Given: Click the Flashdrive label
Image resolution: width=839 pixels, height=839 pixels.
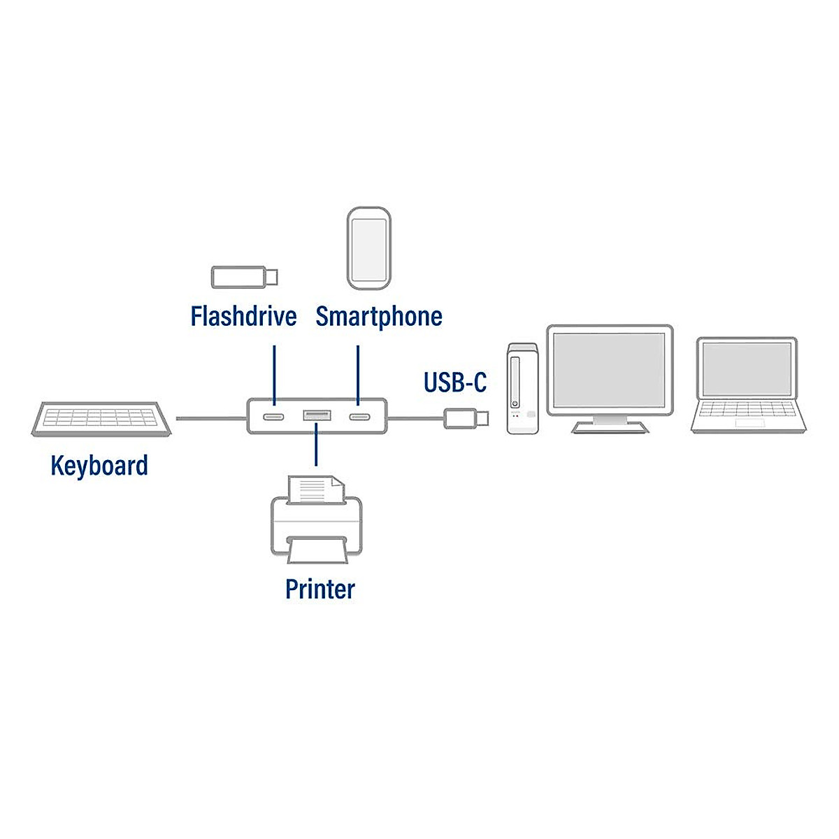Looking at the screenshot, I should (x=243, y=316).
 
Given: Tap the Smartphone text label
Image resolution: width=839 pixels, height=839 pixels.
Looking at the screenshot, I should (x=378, y=316).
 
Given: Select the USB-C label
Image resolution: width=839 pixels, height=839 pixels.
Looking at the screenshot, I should (x=454, y=382).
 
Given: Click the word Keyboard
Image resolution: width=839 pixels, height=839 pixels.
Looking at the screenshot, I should (x=99, y=465).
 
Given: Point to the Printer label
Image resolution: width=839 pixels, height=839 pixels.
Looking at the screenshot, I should (x=320, y=589).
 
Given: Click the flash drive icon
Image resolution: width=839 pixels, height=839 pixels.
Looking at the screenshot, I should (x=244, y=277).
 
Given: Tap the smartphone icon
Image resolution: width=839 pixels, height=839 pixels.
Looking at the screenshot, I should (x=368, y=248).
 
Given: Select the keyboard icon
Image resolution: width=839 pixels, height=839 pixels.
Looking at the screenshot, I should (x=101, y=419).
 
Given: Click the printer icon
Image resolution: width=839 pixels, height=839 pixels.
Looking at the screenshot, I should (x=317, y=521).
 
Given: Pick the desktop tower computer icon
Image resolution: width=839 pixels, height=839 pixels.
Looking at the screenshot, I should (x=523, y=389).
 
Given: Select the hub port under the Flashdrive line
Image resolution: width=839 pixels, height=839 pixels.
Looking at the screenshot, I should (x=273, y=417).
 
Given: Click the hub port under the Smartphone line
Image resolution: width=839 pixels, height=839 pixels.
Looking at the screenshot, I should (x=359, y=417).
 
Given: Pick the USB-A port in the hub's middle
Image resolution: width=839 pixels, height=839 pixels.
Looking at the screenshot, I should (x=317, y=417).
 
